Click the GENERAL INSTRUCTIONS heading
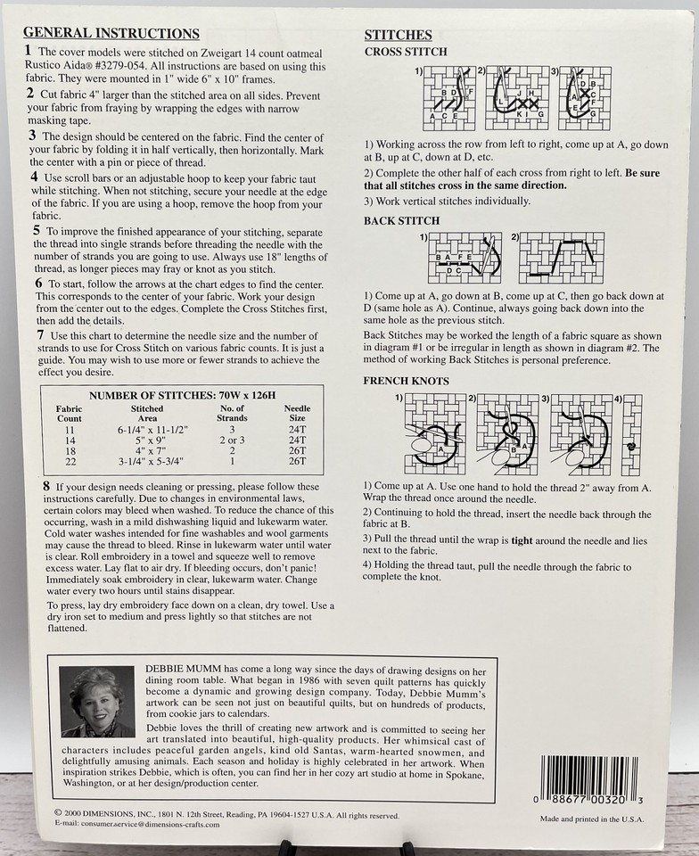point(111,33)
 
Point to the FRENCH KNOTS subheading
point(406,381)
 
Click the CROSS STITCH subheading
point(406,52)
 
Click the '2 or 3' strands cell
point(232,440)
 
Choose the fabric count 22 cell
point(70,461)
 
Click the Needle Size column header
point(297,413)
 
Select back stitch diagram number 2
point(561,258)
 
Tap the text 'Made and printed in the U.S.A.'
point(592,819)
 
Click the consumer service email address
point(136,825)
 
